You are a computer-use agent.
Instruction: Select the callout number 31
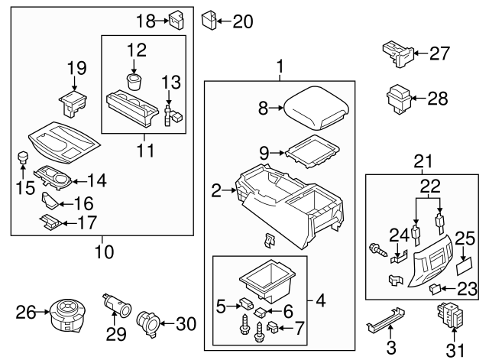point(455,350)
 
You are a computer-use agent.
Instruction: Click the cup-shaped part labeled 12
point(136,82)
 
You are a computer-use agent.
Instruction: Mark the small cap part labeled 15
point(22,157)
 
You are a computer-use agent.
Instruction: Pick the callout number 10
point(101,250)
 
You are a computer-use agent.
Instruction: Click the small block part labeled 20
point(209,19)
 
